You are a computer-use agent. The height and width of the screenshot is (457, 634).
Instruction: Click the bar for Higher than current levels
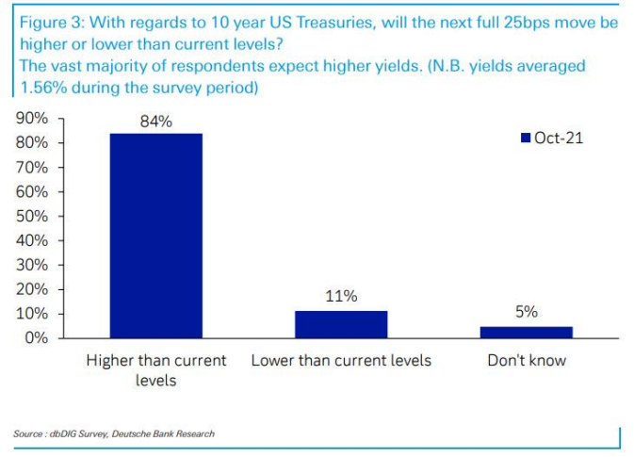coord(156,235)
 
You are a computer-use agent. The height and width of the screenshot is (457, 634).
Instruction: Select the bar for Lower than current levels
coord(341,323)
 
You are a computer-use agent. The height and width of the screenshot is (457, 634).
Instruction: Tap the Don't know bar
coord(527,331)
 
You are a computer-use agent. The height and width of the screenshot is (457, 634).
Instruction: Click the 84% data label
coord(156,122)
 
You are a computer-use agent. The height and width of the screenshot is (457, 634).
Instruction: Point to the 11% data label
coord(341,296)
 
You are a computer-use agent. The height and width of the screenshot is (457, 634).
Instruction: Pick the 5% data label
coord(527,311)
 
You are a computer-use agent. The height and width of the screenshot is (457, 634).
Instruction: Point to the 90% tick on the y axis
coord(34,119)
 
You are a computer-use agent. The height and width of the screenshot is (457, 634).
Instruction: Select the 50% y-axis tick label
coord(34,216)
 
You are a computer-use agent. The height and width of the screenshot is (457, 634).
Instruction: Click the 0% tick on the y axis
coord(38,337)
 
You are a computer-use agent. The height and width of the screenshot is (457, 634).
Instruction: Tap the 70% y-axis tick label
coord(34,168)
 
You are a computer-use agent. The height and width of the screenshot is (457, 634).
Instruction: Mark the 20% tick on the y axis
coord(34,289)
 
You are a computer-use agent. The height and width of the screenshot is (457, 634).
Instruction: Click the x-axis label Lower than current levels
coord(341,361)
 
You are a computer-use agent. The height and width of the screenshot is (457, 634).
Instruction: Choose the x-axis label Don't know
coord(527,361)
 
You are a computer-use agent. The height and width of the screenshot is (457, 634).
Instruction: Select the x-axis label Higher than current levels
coord(156,368)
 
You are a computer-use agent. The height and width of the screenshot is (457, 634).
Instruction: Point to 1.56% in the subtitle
coord(41,87)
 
